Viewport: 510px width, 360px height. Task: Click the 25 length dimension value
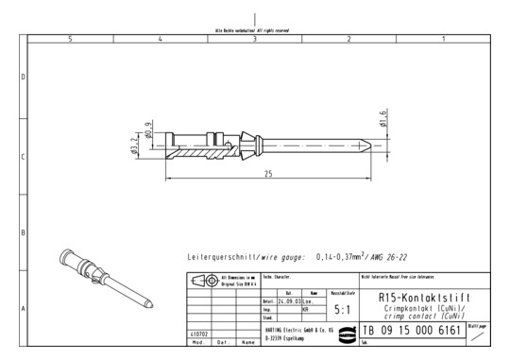coord(269,173)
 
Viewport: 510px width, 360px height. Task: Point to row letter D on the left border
coord(23,76)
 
